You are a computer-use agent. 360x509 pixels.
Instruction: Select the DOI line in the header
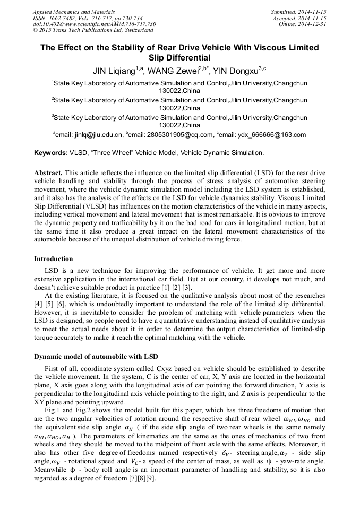(x=95, y=24)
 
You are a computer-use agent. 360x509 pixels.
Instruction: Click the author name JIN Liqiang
(x=113, y=71)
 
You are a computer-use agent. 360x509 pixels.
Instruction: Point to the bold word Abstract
(x=48, y=174)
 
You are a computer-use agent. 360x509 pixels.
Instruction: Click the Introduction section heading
(x=54, y=259)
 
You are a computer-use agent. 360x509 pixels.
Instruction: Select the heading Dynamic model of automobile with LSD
(x=96, y=356)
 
